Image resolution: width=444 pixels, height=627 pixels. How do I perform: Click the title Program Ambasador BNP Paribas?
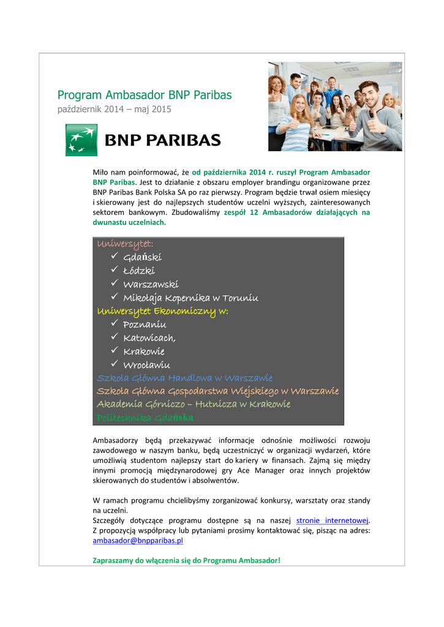145,95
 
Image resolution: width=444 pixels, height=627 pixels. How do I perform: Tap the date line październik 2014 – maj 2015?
114,110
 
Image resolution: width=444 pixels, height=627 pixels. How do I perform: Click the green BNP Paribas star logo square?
81,140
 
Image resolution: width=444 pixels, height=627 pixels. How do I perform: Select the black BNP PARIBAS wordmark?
164,140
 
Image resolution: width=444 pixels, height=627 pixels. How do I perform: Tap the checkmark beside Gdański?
115,257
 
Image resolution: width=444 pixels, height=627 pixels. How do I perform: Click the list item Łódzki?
139,271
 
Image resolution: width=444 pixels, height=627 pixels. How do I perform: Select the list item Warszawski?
151,284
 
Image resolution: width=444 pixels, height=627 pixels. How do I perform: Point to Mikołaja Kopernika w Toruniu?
190,298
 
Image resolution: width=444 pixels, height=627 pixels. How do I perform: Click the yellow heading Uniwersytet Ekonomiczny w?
162,311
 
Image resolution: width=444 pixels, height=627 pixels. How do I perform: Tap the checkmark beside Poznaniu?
115,324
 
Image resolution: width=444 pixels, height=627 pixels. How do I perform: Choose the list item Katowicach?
149,338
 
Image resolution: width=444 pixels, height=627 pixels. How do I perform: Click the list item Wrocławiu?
147,365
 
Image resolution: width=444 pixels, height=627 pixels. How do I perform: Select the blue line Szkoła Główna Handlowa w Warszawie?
184,378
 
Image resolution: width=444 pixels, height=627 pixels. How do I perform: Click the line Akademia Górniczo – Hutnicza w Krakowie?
194,404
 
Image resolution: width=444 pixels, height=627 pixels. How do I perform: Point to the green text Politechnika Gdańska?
145,418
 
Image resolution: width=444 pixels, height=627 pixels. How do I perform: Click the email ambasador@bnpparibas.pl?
138,541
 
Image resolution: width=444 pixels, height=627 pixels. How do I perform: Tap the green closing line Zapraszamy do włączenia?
186,560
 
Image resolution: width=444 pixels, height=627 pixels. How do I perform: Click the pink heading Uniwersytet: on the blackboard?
125,244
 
